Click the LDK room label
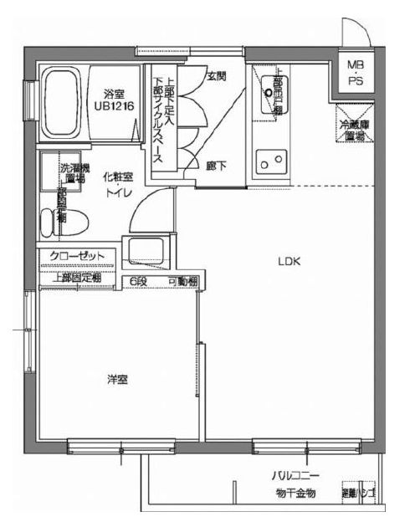(289, 260)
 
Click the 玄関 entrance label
(216, 76)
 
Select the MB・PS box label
(356, 72)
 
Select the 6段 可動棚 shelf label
(162, 283)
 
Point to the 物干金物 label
(295, 494)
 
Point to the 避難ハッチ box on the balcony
(354, 494)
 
